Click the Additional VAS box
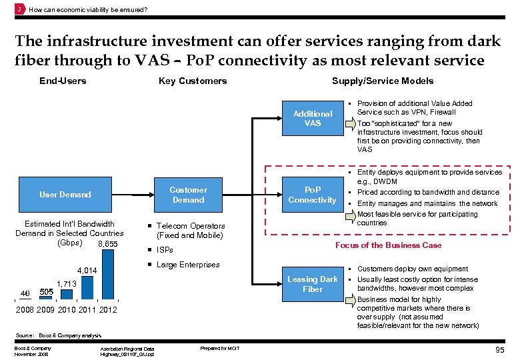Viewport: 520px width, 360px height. pyautogui.click(x=312, y=119)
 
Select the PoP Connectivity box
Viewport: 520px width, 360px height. pyautogui.click(x=312, y=195)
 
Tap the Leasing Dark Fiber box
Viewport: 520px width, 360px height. pyautogui.click(x=312, y=284)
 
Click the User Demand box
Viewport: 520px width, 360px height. pyautogui.click(x=65, y=195)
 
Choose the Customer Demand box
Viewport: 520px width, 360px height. pyautogui.click(x=188, y=195)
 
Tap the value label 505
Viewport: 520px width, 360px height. pyautogui.click(x=47, y=292)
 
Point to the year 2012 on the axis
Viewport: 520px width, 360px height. pyautogui.click(x=107, y=310)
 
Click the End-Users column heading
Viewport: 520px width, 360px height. pyautogui.click(x=63, y=81)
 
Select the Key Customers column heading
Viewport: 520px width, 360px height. pyautogui.click(x=193, y=81)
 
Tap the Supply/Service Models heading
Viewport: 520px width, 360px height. pyautogui.click(x=383, y=81)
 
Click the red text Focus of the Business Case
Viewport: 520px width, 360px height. pyautogui.click(x=388, y=245)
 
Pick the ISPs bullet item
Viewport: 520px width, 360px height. pyautogui.click(x=164, y=250)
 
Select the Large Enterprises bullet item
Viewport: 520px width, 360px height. pyautogui.click(x=187, y=265)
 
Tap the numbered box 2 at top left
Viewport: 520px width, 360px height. pyautogui.click(x=20, y=9)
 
